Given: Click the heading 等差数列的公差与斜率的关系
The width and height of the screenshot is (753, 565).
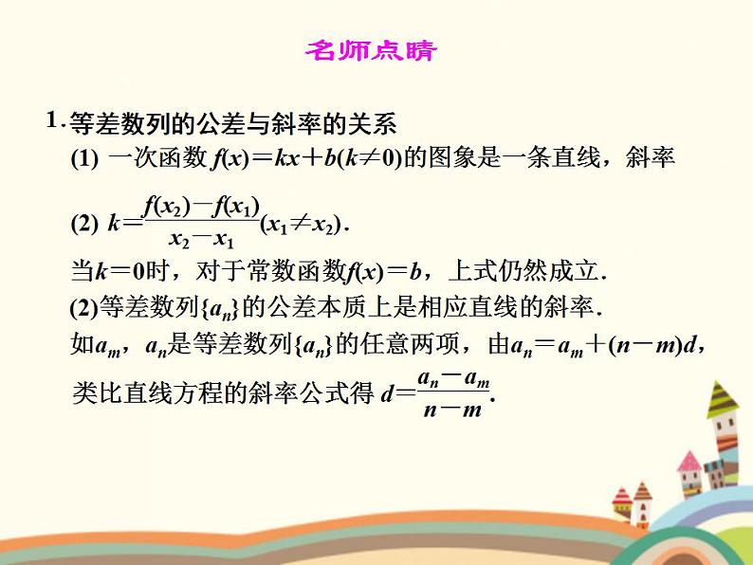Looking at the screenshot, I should click(x=233, y=124).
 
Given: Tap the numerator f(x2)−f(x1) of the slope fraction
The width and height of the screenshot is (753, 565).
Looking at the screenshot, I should click(x=200, y=204).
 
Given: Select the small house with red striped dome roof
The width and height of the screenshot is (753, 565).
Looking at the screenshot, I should click(x=621, y=497).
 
